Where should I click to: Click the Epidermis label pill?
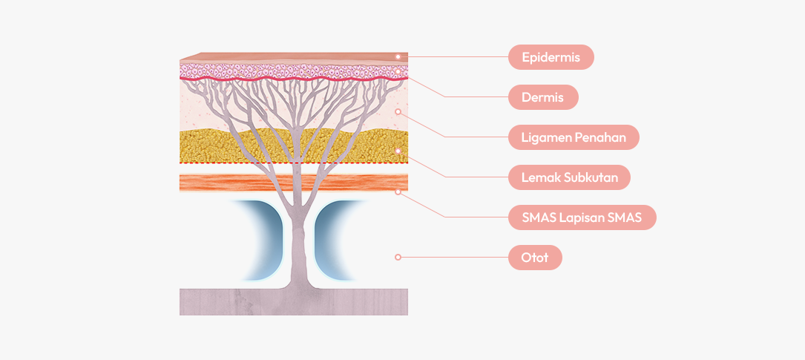[x=551, y=57]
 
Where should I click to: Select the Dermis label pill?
[x=542, y=97]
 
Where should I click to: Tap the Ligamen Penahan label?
[x=574, y=137]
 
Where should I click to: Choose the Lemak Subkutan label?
[x=569, y=177]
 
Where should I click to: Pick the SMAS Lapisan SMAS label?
[x=582, y=217]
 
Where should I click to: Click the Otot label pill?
[x=535, y=258]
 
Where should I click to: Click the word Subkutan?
[x=591, y=177]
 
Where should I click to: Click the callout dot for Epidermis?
[x=398, y=56]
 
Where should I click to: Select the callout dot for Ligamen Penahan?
[x=398, y=111]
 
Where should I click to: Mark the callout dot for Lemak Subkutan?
[x=398, y=151]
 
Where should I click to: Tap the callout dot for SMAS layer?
[x=398, y=192]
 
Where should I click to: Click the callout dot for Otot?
[x=398, y=257]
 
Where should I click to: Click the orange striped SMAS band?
[x=223, y=183]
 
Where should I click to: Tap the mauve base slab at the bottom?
[x=223, y=302]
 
